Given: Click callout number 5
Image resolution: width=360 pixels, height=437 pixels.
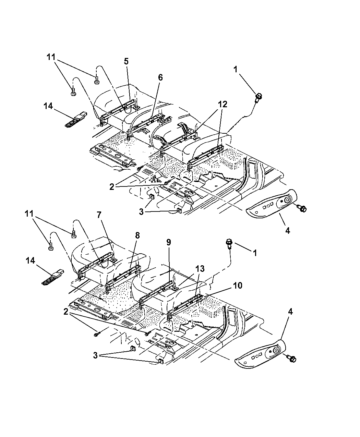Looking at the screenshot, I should click(x=126, y=62).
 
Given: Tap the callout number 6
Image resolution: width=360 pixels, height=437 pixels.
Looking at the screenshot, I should click(x=160, y=78).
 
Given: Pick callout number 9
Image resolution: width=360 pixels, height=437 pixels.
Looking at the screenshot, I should click(x=169, y=242).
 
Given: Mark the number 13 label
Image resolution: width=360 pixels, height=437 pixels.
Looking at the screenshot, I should click(x=200, y=269).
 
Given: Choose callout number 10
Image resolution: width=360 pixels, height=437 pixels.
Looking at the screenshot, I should click(x=238, y=286).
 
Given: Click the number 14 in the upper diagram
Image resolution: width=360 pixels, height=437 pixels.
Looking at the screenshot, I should click(x=48, y=106).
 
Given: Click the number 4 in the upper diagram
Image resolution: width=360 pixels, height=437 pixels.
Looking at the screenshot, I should click(x=287, y=231).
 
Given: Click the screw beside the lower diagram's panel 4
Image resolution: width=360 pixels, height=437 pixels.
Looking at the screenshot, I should click(x=292, y=359).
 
